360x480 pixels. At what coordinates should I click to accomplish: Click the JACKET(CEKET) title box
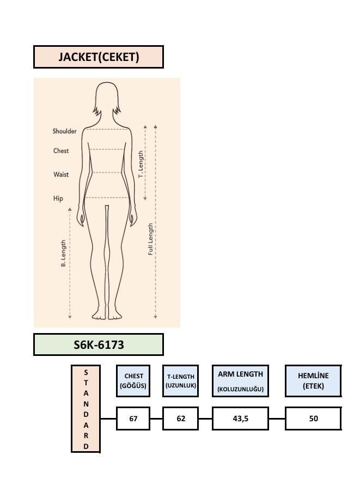[99, 57]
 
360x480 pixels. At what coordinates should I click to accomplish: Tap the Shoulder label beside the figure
[64, 131]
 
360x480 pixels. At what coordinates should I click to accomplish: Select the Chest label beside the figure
[61, 151]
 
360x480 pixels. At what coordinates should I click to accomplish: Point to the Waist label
[61, 175]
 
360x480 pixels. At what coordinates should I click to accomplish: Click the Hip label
[58, 198]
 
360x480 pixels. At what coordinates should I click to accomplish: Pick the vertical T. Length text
[141, 164]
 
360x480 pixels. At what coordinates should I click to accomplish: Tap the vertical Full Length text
[150, 239]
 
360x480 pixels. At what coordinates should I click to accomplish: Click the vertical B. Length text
[63, 253]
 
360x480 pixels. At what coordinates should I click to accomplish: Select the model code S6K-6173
[99, 344]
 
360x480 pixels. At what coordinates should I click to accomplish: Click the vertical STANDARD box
[86, 409]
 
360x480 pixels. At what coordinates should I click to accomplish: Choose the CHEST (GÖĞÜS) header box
[133, 381]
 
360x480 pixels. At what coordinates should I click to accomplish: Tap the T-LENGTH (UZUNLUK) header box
[180, 381]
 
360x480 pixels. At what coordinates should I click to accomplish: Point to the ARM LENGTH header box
[241, 381]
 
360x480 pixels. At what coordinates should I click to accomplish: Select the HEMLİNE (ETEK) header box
[313, 381]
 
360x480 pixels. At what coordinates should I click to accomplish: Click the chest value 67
[133, 419]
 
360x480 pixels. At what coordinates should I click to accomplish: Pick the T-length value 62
[181, 419]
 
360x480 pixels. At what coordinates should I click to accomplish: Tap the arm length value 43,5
[241, 419]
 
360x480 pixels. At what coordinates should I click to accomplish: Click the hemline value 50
[313, 419]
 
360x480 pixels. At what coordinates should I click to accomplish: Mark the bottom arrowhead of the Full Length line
[155, 317]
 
